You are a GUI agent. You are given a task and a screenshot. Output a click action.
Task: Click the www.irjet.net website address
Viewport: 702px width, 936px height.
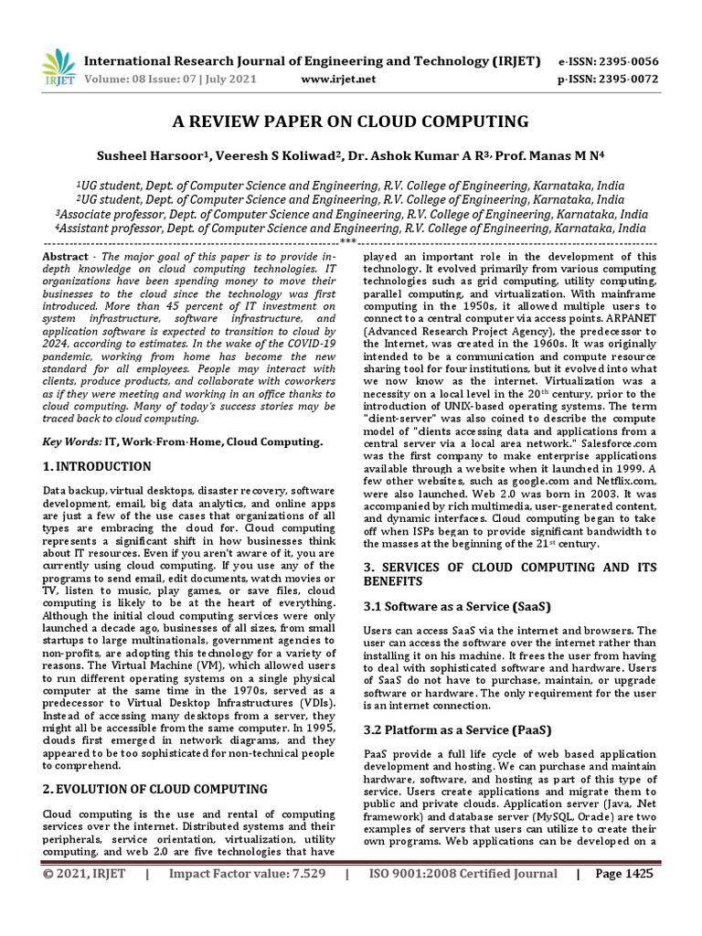pos(338,80)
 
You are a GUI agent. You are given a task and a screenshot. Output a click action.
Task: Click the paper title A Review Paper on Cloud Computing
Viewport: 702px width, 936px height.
pos(350,122)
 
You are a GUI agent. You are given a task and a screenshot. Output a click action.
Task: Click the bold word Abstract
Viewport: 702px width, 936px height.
pos(66,257)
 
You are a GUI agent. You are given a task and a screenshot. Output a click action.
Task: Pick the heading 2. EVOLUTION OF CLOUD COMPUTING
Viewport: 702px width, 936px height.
pos(155,789)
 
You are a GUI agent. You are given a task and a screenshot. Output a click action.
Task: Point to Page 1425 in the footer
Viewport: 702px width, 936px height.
pos(624,899)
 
